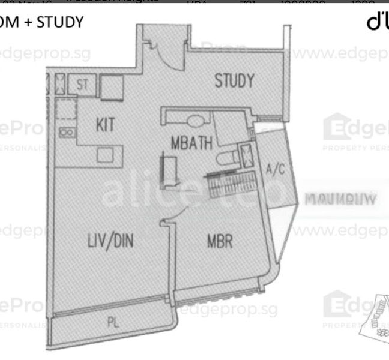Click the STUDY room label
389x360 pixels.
(x=234, y=81)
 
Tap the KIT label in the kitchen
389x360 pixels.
(x=105, y=125)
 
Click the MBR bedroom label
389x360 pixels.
(x=220, y=241)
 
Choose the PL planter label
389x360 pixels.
(x=113, y=322)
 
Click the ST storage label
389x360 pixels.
(x=82, y=85)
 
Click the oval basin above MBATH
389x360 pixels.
(x=196, y=121)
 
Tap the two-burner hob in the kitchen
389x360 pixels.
(x=66, y=133)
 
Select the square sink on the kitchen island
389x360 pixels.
(x=104, y=155)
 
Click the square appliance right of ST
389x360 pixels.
(x=112, y=88)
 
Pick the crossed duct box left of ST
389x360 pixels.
(x=61, y=85)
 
